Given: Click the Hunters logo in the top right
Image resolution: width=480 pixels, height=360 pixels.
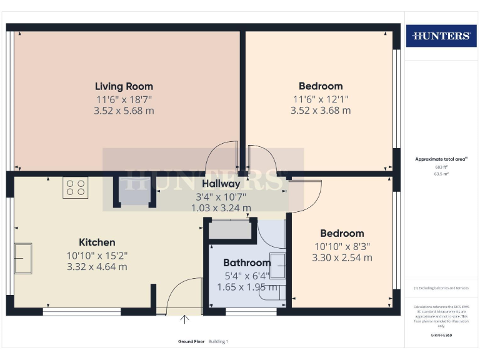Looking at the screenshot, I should pos(441,36).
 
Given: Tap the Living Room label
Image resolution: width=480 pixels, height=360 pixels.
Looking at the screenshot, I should pos(124,86).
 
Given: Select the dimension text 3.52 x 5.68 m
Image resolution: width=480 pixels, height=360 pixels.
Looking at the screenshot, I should pos(124,111).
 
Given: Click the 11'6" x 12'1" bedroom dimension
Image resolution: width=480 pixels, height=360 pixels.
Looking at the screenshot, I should pos(321,99).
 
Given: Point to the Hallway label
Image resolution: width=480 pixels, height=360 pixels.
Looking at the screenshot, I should pos(221,184).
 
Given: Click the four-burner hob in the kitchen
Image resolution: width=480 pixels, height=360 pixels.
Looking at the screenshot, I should pos(75,188).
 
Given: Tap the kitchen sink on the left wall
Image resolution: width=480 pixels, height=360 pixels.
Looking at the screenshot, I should pos(24,259).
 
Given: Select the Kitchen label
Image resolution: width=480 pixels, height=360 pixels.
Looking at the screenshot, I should pos(97,242).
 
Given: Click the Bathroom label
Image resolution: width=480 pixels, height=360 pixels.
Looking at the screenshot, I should pos(247,262).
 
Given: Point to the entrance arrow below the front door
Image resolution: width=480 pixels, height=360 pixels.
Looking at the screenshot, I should pos(184,320).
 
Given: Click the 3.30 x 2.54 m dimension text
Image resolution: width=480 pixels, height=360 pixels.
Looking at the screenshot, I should pos(342,257).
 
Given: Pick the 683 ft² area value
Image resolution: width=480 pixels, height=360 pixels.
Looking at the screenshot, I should pos(441,167).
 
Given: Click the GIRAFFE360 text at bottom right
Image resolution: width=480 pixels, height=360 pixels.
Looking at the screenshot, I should pos(441,335).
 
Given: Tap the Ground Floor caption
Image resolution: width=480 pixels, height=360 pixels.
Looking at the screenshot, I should pos(191,341).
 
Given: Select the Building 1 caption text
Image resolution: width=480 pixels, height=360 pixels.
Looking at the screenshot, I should pos(218,341).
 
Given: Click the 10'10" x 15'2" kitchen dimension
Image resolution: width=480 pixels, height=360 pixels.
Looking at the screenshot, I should pos(97,255).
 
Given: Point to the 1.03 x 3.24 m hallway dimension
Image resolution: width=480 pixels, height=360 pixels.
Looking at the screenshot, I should pos(221,207).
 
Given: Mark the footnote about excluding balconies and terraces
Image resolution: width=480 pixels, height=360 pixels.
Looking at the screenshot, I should pos(441,287).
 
